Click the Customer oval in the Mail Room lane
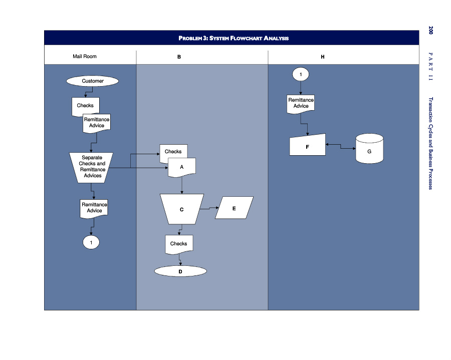click(x=93, y=81)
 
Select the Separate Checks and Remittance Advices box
click(x=91, y=167)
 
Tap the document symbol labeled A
click(x=181, y=167)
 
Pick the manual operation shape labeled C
click(x=181, y=209)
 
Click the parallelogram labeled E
click(x=234, y=208)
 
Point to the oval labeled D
click(x=180, y=271)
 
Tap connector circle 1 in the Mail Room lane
click(x=91, y=242)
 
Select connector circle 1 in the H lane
click(x=301, y=74)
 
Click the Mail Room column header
click(x=85, y=57)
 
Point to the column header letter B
click(x=179, y=57)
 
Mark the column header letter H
click(x=323, y=57)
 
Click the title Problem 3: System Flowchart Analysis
click(x=234, y=38)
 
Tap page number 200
click(x=430, y=30)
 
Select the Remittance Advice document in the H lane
click(x=301, y=103)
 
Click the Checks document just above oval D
click(x=179, y=244)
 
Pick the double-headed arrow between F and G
click(x=341, y=146)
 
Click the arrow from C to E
click(x=209, y=208)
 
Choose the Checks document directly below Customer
click(x=85, y=106)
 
